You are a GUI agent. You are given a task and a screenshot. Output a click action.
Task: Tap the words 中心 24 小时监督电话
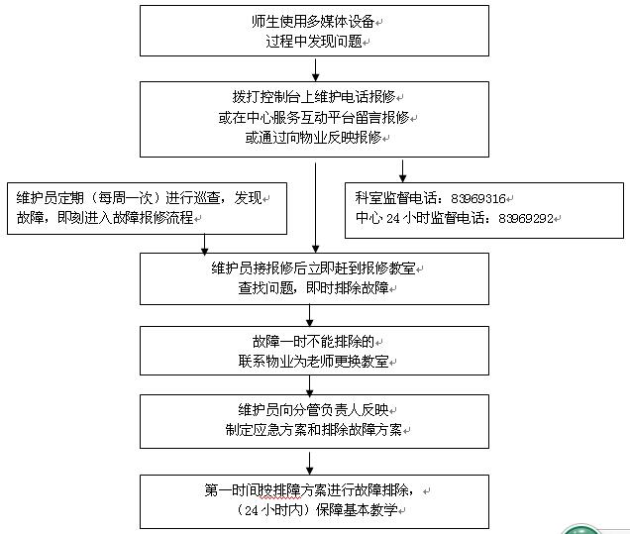pyautogui.click(x=420, y=217)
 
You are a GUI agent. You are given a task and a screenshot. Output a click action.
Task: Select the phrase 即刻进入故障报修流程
pyautogui.click(x=127, y=216)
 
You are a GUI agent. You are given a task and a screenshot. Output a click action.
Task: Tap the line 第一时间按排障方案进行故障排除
pyautogui.click(x=314, y=490)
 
